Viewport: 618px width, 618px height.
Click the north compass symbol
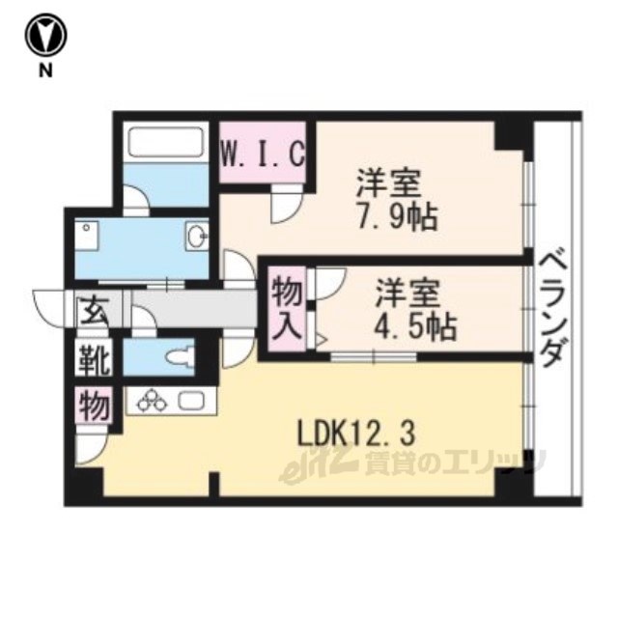(x=46, y=35)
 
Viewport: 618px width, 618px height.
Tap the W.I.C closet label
(x=263, y=153)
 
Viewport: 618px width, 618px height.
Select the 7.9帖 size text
(x=397, y=217)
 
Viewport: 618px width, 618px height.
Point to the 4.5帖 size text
(x=415, y=327)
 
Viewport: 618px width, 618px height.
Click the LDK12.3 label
(x=356, y=435)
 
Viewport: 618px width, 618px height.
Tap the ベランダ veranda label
(x=554, y=310)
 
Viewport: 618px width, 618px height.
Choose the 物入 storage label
(x=288, y=309)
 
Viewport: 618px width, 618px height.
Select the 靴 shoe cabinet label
(x=94, y=359)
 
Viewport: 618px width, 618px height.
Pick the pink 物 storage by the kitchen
(x=95, y=405)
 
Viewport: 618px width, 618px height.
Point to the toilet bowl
(x=181, y=356)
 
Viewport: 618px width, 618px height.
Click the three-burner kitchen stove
(x=151, y=400)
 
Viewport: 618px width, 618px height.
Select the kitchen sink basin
(x=191, y=400)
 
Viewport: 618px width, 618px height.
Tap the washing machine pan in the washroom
(x=88, y=236)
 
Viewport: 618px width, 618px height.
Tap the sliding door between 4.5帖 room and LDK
(x=374, y=356)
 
